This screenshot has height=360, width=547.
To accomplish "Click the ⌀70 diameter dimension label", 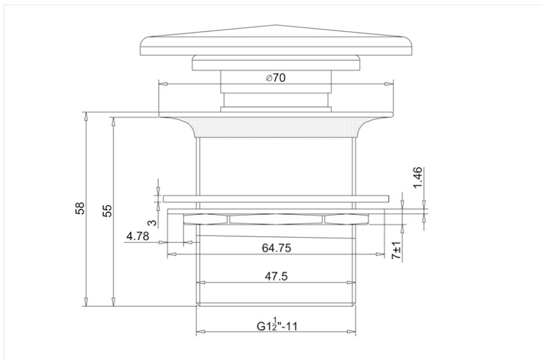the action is point(276,77).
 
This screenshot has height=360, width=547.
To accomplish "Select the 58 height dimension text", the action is point(80,208).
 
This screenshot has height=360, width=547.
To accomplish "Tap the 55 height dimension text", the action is point(108,210).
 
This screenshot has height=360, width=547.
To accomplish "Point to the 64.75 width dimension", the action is point(277,248).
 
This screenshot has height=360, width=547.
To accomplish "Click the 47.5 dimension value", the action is point(276,276).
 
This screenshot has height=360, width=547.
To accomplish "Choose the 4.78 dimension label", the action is point(138,236).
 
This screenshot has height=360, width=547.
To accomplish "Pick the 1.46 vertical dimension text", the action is point(418,178).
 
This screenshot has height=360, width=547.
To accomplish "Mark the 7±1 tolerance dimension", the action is point(397,251).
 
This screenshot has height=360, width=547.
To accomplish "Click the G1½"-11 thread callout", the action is point(277,324).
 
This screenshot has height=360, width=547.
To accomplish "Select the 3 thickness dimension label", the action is point(153,223).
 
